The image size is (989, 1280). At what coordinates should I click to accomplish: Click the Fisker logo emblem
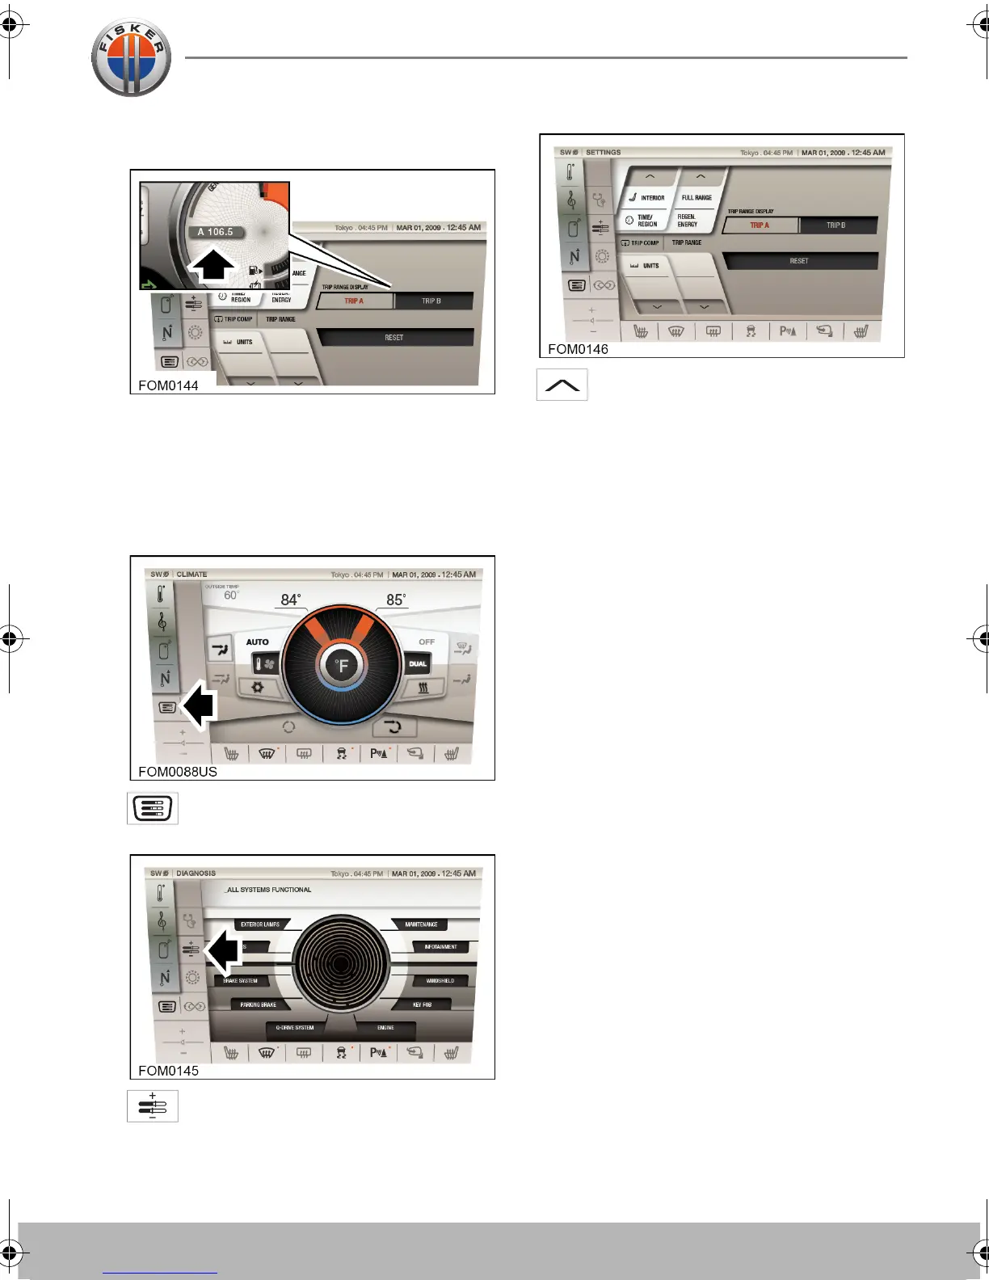131,58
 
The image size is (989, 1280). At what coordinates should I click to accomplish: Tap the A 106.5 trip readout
215,232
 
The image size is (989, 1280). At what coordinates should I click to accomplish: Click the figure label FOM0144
168,385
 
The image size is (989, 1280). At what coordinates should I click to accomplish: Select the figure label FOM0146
578,349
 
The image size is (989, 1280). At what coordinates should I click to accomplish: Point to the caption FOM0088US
178,772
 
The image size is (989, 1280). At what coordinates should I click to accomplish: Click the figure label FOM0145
168,1071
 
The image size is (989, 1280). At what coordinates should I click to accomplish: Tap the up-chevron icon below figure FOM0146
562,385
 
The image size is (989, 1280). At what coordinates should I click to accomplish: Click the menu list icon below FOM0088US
153,808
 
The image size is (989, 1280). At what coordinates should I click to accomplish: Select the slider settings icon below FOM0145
153,1106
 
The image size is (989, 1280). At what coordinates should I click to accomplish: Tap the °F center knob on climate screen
343,666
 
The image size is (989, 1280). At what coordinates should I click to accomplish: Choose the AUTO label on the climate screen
257,642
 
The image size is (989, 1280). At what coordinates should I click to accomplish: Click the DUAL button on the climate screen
418,664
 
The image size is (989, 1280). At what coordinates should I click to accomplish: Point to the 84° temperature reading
291,600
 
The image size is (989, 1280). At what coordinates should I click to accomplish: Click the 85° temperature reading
395,600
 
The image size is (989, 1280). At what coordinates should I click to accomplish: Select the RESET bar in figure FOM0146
799,261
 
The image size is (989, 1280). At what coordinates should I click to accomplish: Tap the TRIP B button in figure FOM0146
836,225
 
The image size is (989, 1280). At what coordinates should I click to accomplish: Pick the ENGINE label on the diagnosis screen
385,1028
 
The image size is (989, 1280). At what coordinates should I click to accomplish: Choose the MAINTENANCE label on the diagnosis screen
421,924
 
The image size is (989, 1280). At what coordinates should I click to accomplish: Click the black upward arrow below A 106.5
213,264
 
